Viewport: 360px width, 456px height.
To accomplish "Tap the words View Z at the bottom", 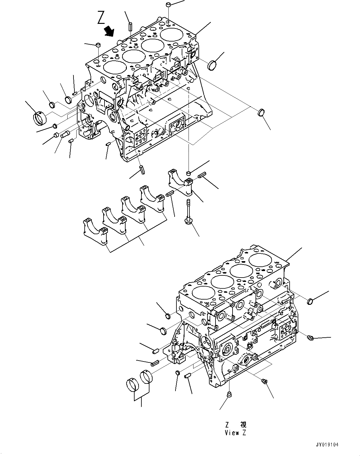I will coord(235,433).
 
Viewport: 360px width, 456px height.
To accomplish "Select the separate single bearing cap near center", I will coord(181,182).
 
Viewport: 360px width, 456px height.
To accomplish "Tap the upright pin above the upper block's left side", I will coord(131,26).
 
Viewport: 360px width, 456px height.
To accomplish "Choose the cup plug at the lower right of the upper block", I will coord(261,112).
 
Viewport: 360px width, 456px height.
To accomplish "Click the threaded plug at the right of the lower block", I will coord(311,337).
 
